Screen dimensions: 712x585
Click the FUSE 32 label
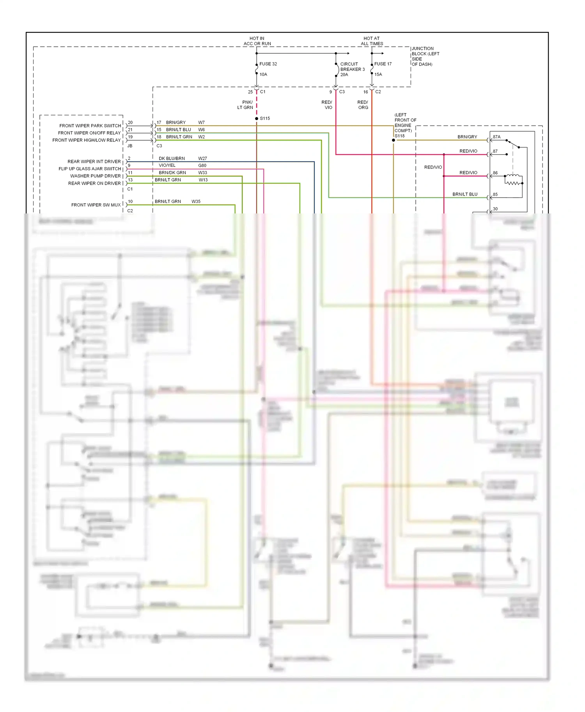(268, 64)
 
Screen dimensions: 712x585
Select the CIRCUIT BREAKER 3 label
(352, 69)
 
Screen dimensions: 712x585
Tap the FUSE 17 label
(383, 64)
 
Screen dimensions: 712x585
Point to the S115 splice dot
(257, 118)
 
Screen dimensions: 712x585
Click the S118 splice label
(400, 136)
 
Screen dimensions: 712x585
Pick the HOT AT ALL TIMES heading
(372, 41)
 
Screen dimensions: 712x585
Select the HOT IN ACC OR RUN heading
(257, 41)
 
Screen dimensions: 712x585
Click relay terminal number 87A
(496, 137)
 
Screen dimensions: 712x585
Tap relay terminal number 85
(495, 194)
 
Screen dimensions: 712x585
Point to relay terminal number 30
(495, 209)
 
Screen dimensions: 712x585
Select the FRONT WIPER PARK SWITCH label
(90, 126)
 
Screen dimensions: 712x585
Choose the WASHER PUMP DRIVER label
(96, 176)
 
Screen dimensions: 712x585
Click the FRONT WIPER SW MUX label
(96, 205)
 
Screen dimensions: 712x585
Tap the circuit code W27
(202, 159)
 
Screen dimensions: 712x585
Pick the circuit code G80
(202, 166)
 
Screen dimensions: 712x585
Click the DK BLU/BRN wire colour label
(172, 159)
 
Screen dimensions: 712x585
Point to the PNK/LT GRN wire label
(246, 105)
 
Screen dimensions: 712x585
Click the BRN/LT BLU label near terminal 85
(465, 194)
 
